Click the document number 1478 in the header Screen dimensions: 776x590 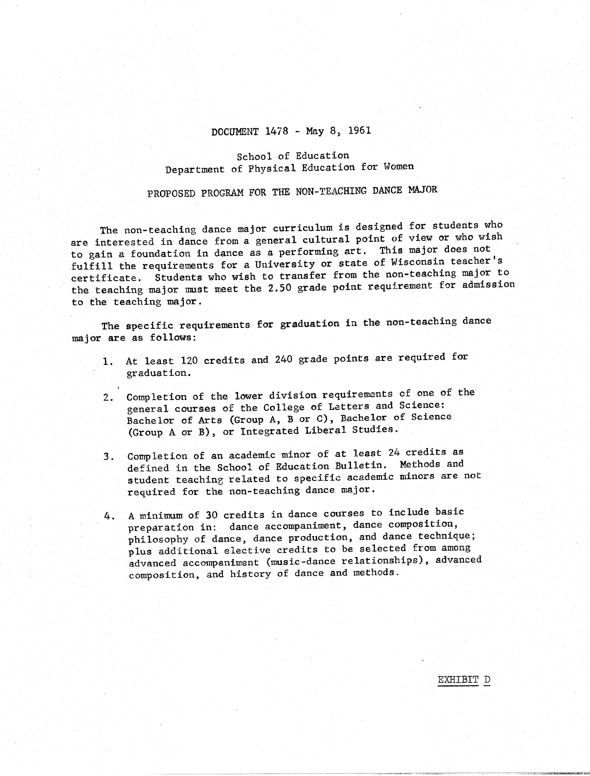pos(277,131)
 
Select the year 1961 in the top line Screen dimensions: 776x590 pos(360,131)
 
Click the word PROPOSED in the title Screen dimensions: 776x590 pos(171,193)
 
